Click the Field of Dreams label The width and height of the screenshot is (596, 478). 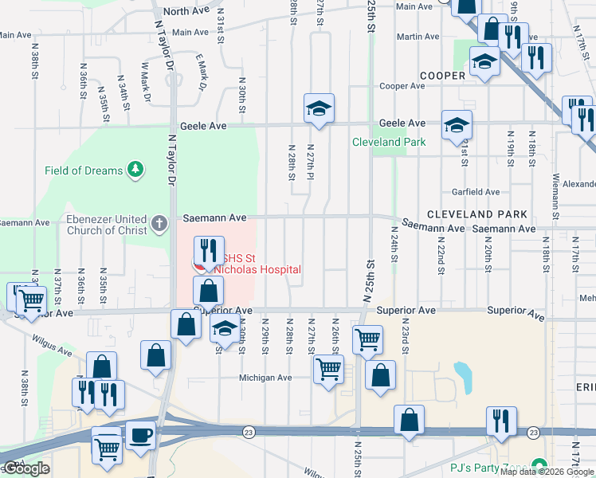(84, 170)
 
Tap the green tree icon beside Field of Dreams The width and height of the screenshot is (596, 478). (136, 169)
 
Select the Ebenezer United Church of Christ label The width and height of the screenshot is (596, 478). (96, 225)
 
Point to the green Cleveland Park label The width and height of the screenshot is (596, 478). (389, 142)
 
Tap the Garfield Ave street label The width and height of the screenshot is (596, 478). (476, 192)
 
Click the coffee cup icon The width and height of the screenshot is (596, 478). (141, 436)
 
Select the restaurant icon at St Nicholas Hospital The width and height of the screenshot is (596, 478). (209, 250)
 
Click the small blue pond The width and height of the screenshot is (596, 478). (461, 372)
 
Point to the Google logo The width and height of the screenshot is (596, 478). (25, 468)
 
